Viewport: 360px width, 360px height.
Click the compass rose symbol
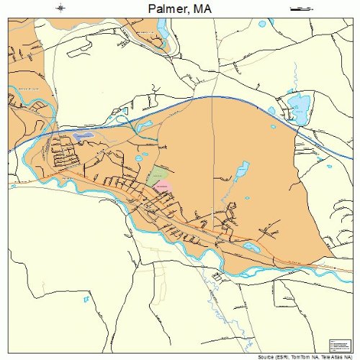(61, 9)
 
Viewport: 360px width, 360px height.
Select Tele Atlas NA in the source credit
(338, 356)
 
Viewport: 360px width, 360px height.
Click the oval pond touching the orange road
(251, 246)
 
